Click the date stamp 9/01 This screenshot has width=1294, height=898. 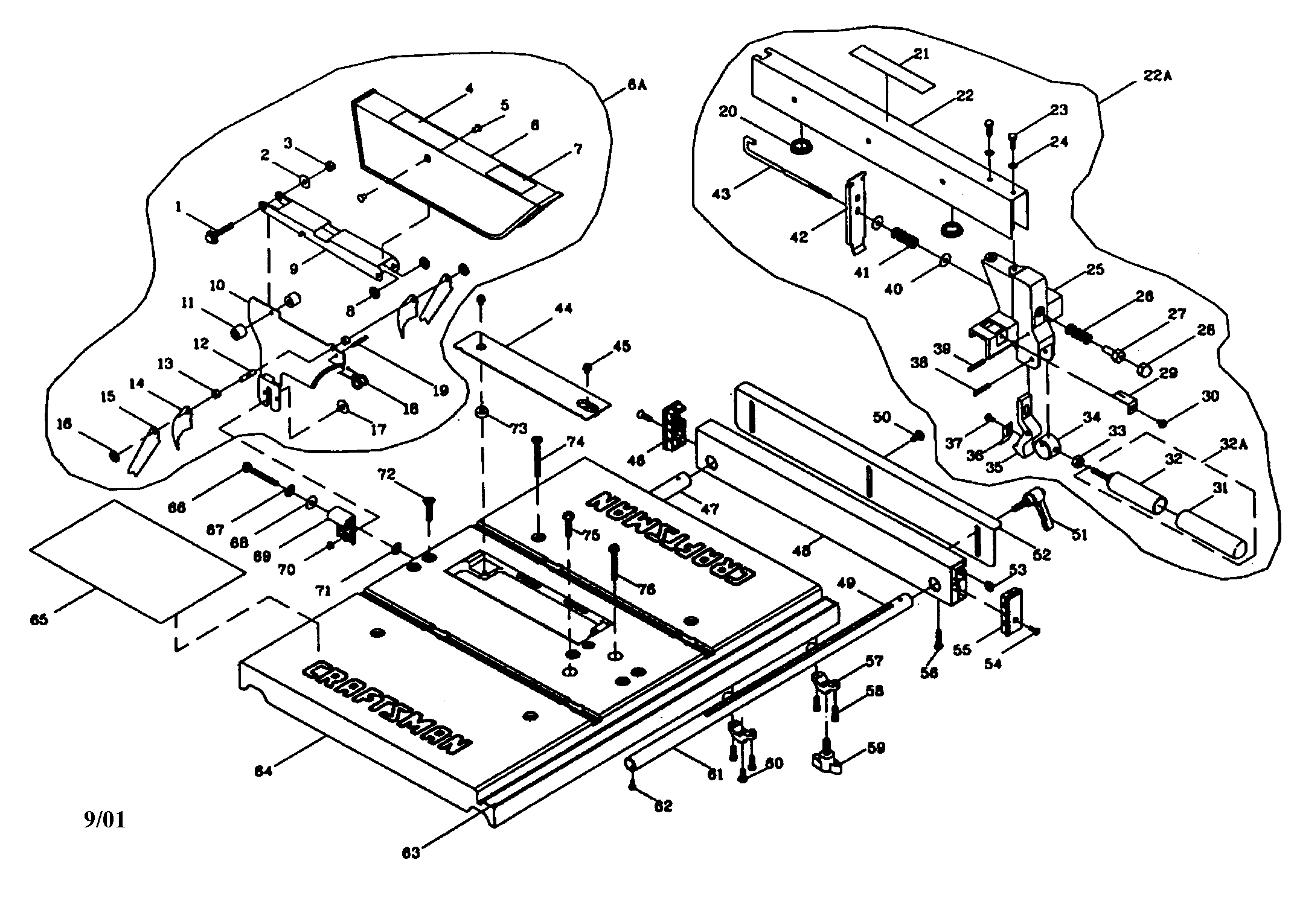click(104, 820)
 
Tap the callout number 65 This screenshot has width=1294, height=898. click(39, 619)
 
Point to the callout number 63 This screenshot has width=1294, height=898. click(411, 853)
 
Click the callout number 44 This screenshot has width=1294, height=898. click(563, 309)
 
